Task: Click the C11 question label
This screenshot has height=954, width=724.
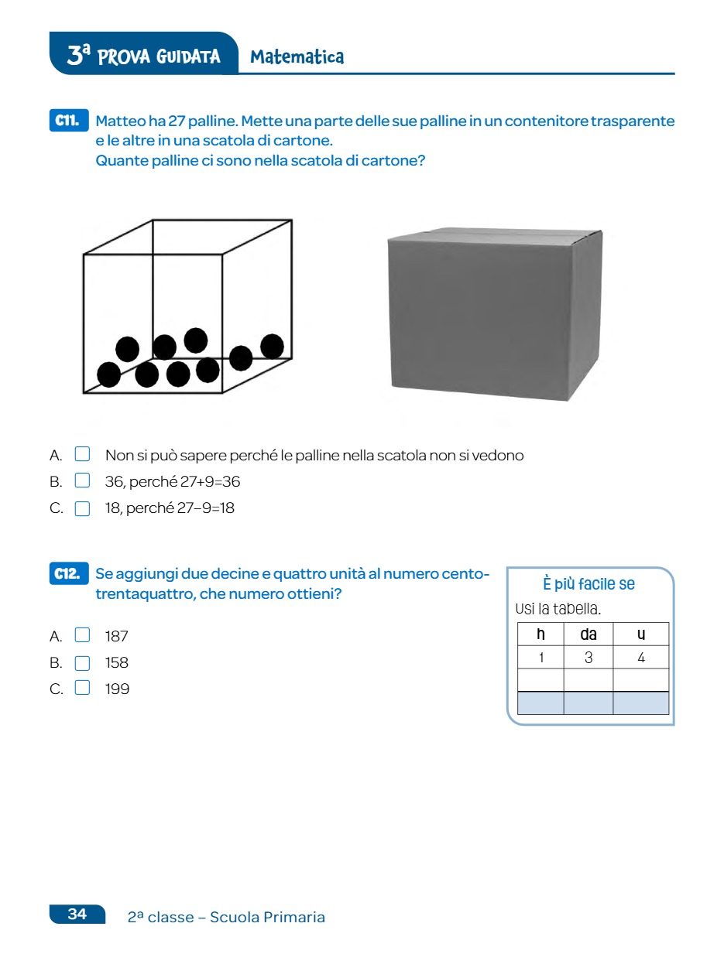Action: point(68,121)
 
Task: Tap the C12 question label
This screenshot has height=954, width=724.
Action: point(68,574)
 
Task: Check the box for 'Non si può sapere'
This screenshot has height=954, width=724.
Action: point(83,455)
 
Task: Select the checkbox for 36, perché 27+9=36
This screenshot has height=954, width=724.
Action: point(83,481)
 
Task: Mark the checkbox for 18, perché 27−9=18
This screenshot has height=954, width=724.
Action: point(83,508)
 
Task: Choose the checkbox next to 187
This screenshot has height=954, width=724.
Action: point(83,636)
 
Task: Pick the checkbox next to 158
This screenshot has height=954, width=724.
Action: point(83,663)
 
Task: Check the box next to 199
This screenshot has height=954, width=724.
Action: point(83,689)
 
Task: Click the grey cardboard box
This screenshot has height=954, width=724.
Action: point(494,314)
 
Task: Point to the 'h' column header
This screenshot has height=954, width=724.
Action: point(540,634)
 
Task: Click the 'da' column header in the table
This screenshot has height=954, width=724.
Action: point(588,634)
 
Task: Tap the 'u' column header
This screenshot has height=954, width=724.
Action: point(641,634)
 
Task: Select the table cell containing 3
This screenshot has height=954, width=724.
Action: point(588,658)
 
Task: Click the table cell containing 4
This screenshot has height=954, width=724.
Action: point(641,658)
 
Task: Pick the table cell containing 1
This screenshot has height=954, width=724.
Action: point(540,658)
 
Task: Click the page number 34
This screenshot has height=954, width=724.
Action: point(77,915)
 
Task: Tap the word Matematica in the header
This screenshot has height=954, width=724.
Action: point(297,56)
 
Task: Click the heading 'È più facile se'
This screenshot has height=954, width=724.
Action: point(588,584)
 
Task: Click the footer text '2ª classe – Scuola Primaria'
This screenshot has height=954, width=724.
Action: point(226,918)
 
